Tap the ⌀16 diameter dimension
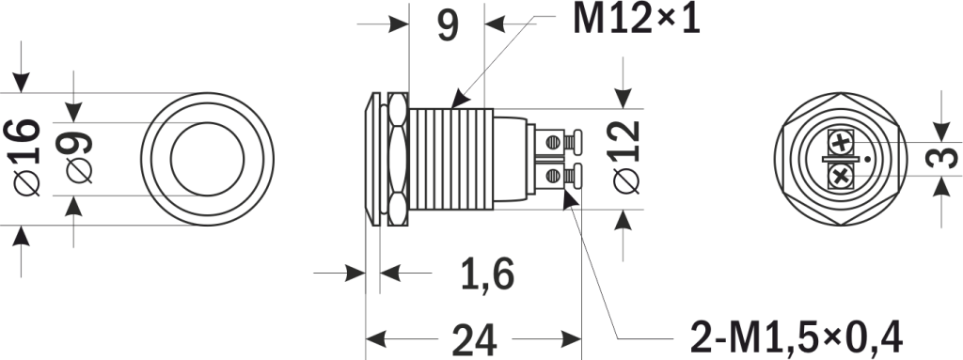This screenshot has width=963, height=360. (26, 157)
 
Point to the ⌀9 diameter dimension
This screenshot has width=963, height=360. (79, 158)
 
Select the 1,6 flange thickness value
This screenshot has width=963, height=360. (486, 274)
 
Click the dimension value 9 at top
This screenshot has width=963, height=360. (448, 25)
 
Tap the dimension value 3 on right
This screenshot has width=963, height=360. (933, 159)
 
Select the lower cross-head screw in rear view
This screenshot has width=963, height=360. (840, 174)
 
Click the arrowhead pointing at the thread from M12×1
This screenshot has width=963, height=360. (457, 101)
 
